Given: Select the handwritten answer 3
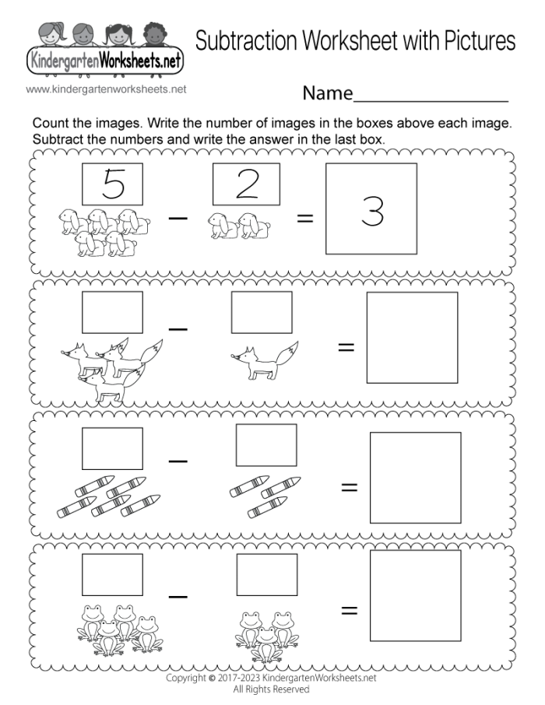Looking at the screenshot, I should tap(372, 211).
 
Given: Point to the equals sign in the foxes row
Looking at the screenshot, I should tap(346, 346).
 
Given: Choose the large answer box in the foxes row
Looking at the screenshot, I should tap(412, 338).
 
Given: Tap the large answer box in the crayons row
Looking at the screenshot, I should tap(415, 477).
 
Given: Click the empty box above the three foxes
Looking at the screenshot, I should tap(112, 312).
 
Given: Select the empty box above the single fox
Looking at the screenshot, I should tap(262, 312).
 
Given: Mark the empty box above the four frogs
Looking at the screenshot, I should tap(112, 574).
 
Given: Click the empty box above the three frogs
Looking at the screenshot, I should tap(266, 574).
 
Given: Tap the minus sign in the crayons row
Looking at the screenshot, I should tap(178, 461).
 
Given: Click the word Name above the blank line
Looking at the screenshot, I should tap(327, 94).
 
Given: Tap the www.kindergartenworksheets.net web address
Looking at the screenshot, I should tap(106, 89).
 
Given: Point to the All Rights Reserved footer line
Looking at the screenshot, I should tap(272, 689).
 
